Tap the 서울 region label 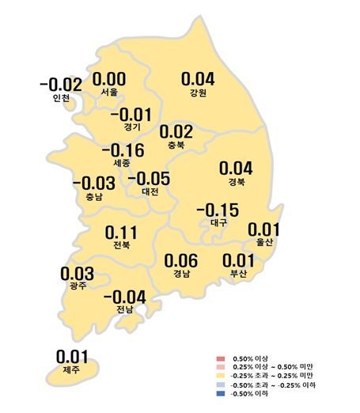(110, 93)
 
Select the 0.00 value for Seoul (110, 79)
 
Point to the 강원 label (198, 93)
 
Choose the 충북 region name (176, 145)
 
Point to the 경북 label (235, 181)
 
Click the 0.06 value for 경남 (180, 260)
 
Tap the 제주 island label (72, 369)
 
